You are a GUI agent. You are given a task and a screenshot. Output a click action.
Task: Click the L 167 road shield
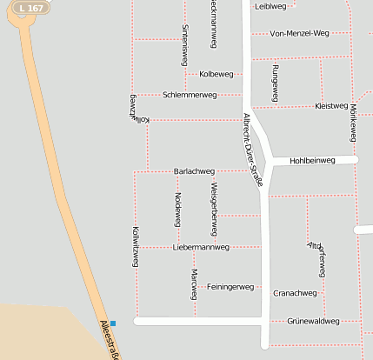click(x=30, y=8)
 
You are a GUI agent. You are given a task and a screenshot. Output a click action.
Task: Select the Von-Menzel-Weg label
click(x=299, y=34)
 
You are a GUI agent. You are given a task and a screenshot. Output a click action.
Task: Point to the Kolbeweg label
click(x=216, y=74)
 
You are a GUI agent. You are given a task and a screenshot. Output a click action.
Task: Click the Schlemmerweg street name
click(x=189, y=94)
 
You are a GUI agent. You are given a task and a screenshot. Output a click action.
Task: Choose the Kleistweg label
click(x=331, y=106)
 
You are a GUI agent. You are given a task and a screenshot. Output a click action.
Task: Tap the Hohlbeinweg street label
click(x=312, y=161)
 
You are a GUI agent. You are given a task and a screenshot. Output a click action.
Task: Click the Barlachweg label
click(x=194, y=171)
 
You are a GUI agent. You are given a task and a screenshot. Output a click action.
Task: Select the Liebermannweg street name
click(x=201, y=247)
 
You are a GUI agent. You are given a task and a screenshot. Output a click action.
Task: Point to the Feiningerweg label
click(x=230, y=286)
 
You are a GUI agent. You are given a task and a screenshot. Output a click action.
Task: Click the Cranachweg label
click(x=295, y=293)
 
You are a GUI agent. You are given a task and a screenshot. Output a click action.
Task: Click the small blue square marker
click(x=112, y=323)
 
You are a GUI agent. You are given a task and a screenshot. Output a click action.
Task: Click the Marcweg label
click(x=193, y=283)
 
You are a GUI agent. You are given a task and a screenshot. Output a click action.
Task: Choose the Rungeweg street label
click(x=275, y=83)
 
